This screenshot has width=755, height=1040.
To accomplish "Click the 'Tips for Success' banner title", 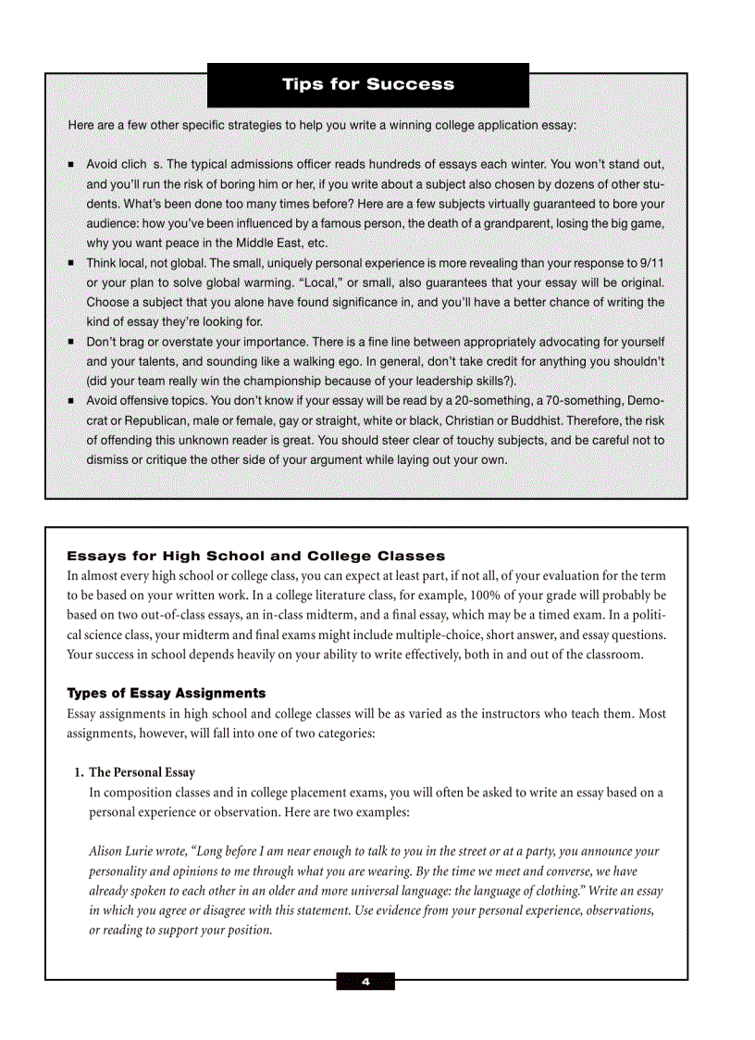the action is [368, 84].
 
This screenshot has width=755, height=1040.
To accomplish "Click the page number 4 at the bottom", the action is [365, 982].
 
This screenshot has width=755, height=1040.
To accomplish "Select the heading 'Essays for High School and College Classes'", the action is [255, 556].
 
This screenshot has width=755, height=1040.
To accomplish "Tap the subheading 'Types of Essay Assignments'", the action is [166, 693].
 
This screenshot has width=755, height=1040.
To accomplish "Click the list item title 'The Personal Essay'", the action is [142, 772].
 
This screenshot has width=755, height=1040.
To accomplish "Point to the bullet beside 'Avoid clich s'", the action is [71, 165].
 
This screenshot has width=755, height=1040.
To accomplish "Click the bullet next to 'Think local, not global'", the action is [71, 264].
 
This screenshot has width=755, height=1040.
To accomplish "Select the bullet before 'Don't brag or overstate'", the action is [71, 342].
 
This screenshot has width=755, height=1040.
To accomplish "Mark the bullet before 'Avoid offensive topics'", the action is [71, 401].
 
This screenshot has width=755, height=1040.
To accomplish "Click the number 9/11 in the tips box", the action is [651, 263].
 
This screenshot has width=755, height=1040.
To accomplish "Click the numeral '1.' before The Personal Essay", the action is [79, 772].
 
